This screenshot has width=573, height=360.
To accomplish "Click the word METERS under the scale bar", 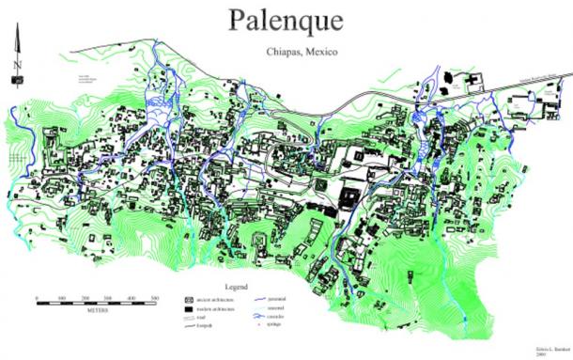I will click(x=95, y=309).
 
